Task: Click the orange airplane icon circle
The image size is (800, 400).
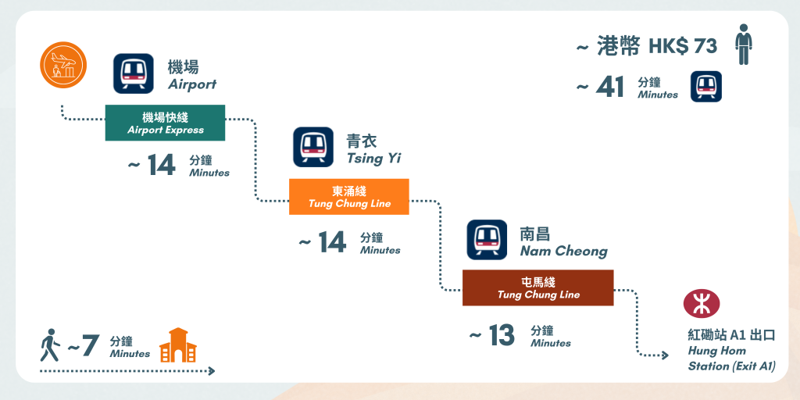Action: (x=62, y=65)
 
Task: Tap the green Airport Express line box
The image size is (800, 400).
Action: (x=165, y=123)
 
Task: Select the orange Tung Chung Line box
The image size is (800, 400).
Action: (x=349, y=197)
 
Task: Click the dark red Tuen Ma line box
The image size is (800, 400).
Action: (x=538, y=287)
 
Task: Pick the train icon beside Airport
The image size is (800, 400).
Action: (x=133, y=73)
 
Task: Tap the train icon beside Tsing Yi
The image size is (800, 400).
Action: (x=313, y=147)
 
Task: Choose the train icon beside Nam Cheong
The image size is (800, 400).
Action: (x=487, y=240)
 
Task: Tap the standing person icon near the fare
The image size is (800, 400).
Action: (x=743, y=45)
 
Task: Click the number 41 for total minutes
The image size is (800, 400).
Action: (x=609, y=87)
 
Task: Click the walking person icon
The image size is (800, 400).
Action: (x=49, y=345)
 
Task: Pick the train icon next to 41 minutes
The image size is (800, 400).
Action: (x=705, y=87)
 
